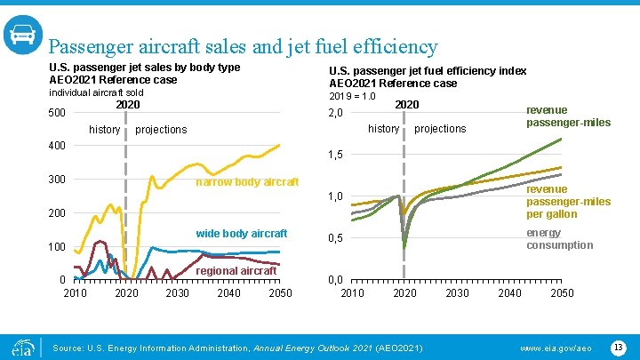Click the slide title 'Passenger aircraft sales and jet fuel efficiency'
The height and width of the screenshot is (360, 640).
[243, 46]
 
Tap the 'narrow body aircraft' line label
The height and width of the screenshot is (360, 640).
[246, 182]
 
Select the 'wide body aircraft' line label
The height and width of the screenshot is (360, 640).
[241, 234]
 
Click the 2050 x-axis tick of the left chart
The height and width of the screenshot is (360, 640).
[280, 293]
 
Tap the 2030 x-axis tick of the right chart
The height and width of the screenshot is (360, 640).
[457, 293]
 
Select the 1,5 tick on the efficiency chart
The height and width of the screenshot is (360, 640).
[337, 155]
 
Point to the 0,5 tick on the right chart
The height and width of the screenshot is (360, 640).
[337, 238]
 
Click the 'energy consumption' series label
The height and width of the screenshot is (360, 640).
[559, 239]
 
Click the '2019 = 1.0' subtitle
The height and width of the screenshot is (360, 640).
[353, 96]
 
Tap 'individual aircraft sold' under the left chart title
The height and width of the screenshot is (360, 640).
[95, 92]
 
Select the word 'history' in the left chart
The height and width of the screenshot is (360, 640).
[105, 130]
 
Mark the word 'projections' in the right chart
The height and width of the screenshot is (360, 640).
[440, 129]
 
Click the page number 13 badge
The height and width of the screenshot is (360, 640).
[618, 345]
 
